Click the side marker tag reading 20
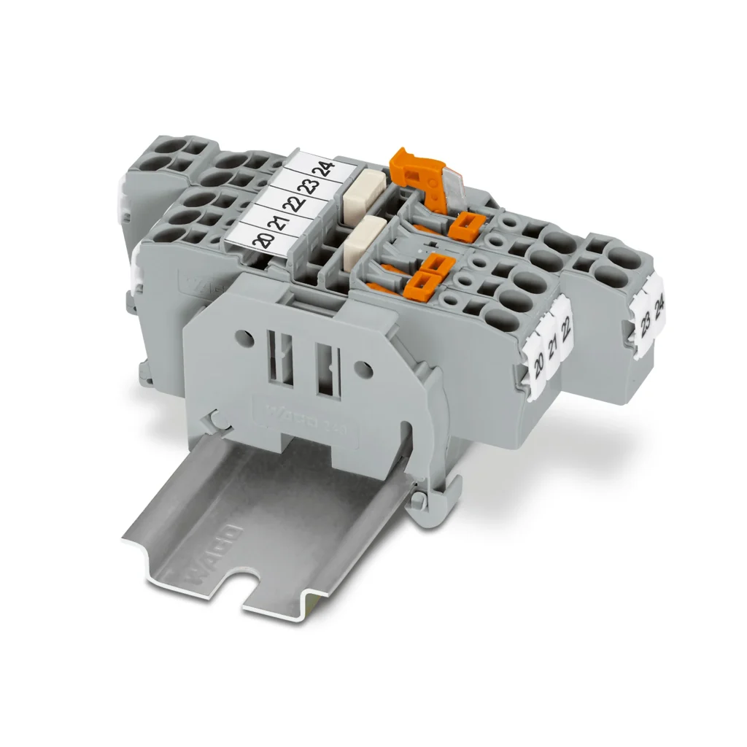pos(539,360)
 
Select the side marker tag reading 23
pos(646,320)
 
